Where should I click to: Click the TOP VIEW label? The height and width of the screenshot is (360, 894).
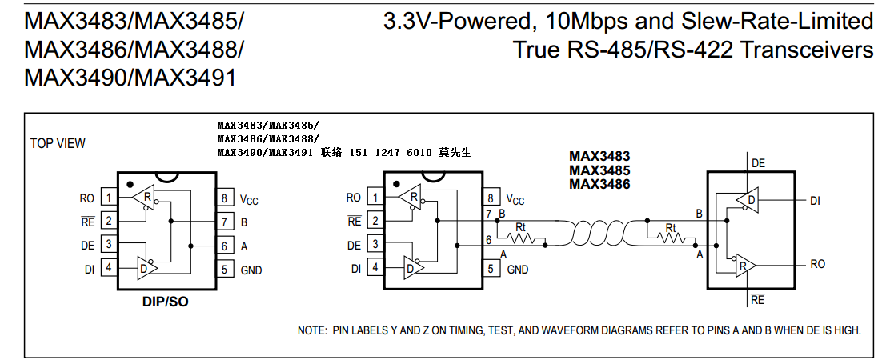point(58,143)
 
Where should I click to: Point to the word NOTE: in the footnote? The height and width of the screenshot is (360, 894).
point(311,330)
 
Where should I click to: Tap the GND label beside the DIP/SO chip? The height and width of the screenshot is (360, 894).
point(251,270)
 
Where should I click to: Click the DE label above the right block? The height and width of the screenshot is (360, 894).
point(758,162)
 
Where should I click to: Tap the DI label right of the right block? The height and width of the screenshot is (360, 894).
point(815,201)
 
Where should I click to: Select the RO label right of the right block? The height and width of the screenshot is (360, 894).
point(817,264)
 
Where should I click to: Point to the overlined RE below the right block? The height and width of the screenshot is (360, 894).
point(757,300)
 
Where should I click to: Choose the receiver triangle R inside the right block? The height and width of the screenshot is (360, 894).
point(744,265)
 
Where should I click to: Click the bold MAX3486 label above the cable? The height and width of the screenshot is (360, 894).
point(599,184)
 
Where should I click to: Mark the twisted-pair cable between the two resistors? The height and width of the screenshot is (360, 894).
point(596,232)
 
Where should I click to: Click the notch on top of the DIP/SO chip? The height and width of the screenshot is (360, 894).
point(166,176)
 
